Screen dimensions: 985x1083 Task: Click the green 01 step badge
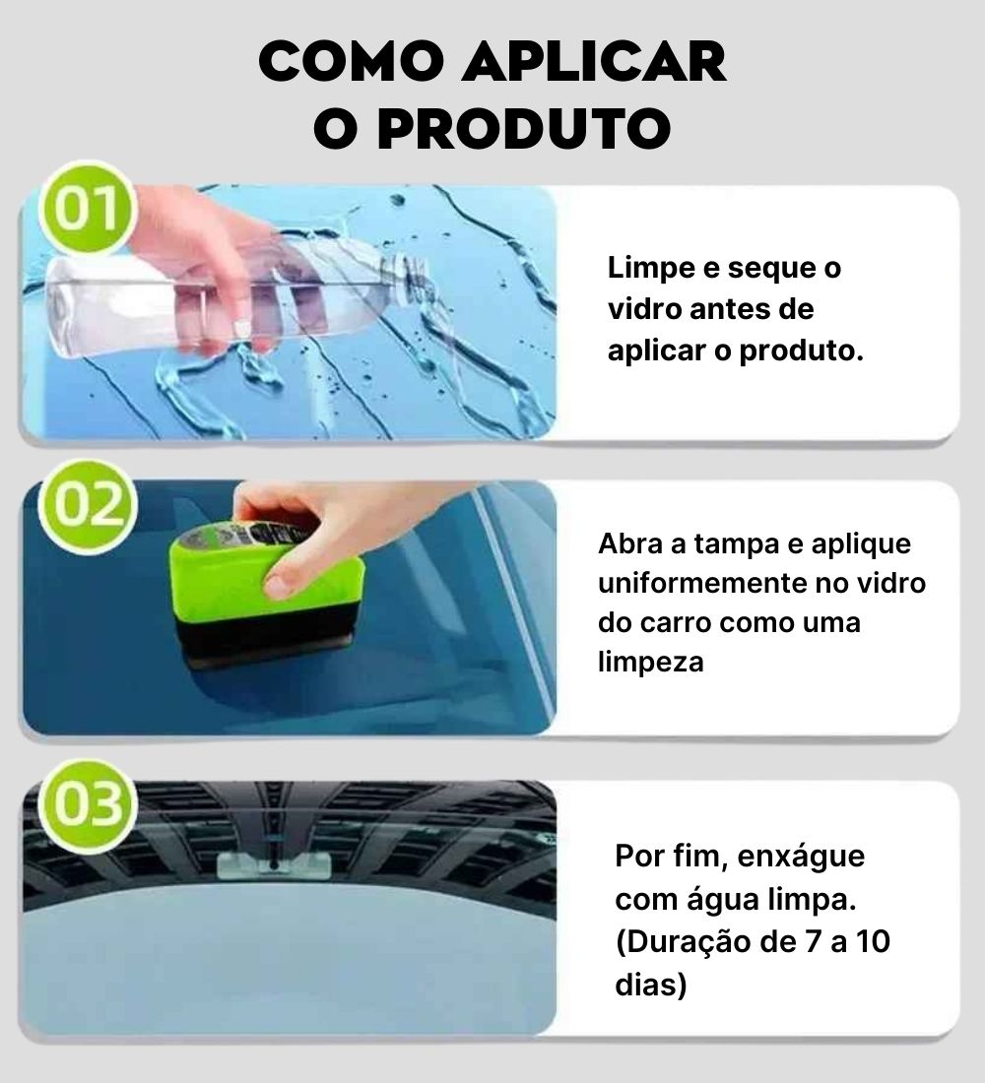click(x=87, y=209)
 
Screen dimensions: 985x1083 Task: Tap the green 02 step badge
click(x=87, y=507)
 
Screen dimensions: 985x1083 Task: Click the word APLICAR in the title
click(x=595, y=62)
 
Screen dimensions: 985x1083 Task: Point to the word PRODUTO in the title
click(x=525, y=128)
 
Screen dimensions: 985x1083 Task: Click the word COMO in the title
click(x=351, y=62)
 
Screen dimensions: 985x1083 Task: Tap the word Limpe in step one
click(x=650, y=269)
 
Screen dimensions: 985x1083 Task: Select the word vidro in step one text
click(x=644, y=309)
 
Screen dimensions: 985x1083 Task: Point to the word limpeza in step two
click(x=650, y=663)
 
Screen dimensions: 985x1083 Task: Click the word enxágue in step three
click(x=801, y=858)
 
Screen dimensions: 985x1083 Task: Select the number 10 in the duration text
click(x=873, y=942)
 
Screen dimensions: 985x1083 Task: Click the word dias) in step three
click(x=650, y=985)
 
